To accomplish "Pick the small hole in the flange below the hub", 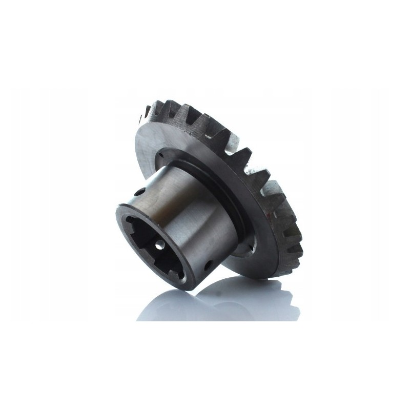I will [x=250, y=251].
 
